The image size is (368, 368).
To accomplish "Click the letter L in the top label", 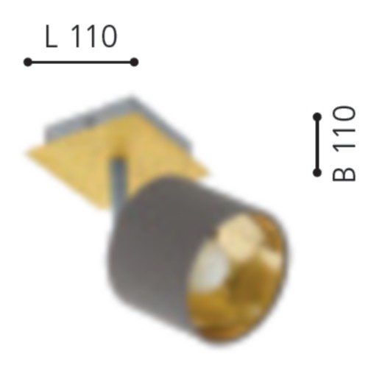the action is click(52, 37).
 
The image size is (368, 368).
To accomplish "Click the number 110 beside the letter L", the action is click(95, 37).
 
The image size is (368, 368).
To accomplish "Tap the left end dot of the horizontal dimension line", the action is click(28, 62).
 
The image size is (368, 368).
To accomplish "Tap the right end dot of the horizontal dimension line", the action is click(134, 62).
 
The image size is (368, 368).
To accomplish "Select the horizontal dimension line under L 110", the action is click(81, 62).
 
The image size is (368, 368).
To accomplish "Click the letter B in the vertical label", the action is click(344, 171).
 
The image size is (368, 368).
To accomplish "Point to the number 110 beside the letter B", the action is click(344, 127).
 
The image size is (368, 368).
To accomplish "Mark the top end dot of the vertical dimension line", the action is click(317, 116).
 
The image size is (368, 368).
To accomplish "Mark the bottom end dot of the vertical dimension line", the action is click(317, 172).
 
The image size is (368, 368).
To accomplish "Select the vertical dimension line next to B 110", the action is click(317, 144).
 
